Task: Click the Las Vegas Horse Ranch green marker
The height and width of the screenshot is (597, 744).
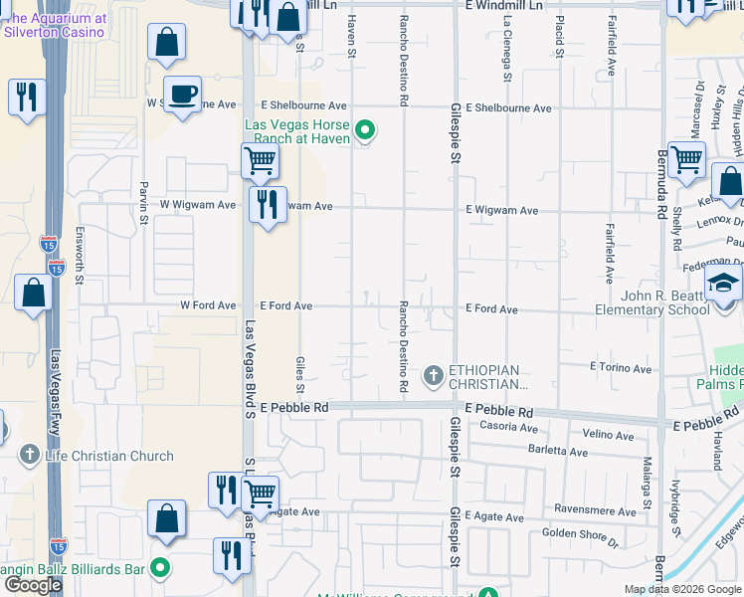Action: pyautogui.click(x=365, y=128)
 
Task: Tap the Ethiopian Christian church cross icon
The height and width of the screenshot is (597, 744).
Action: pyautogui.click(x=433, y=375)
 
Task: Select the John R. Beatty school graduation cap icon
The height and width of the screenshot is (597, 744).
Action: pyautogui.click(x=725, y=282)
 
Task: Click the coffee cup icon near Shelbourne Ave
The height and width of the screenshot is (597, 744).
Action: pyautogui.click(x=182, y=94)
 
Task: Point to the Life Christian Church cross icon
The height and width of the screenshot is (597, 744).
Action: pyautogui.click(x=30, y=456)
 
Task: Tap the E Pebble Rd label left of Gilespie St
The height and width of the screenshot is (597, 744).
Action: pyautogui.click(x=294, y=408)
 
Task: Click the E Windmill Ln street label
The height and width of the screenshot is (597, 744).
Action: pyautogui.click(x=506, y=6)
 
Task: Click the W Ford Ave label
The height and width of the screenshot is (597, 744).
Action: pyautogui.click(x=208, y=305)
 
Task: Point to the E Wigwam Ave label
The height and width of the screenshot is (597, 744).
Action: pyautogui.click(x=502, y=211)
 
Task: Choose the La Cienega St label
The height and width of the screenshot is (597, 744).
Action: pyautogui.click(x=507, y=49)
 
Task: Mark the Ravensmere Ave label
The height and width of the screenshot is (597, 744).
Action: pyautogui.click(x=595, y=511)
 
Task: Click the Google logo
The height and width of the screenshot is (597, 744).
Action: pyautogui.click(x=34, y=584)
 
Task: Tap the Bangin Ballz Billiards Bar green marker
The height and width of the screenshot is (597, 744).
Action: pyautogui.click(x=159, y=569)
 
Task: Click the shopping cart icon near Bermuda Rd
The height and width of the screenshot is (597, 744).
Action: pyautogui.click(x=687, y=158)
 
